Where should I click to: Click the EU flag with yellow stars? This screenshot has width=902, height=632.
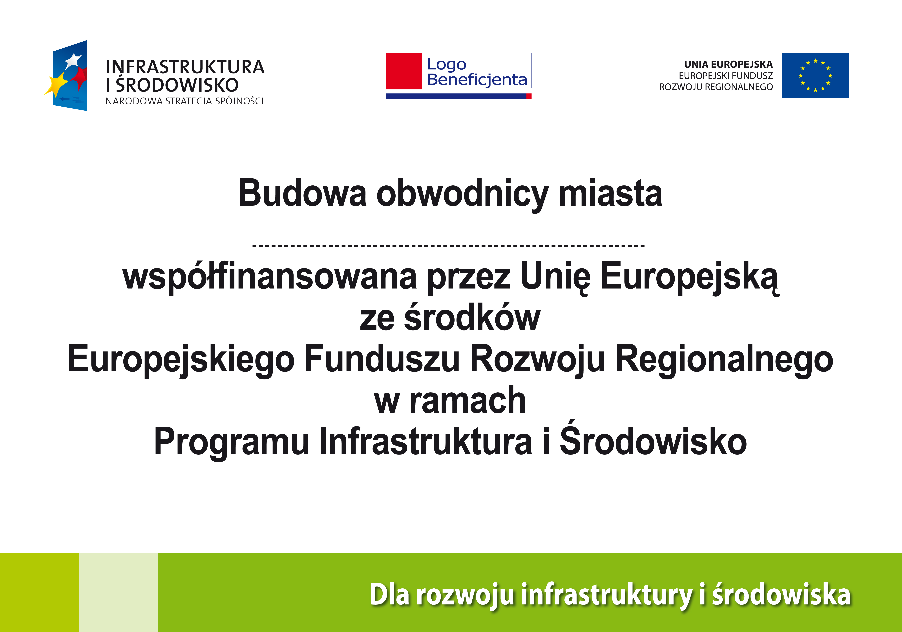(815, 75)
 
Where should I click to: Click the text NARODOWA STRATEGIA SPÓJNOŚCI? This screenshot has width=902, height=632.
(184, 101)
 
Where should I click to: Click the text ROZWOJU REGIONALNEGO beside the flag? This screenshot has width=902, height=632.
(716, 87)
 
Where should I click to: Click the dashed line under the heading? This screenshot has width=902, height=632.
(448, 246)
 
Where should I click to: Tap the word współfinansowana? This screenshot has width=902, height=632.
(270, 277)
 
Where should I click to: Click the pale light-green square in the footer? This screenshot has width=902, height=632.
(119, 592)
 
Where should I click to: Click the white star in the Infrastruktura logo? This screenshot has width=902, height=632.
(73, 60)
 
